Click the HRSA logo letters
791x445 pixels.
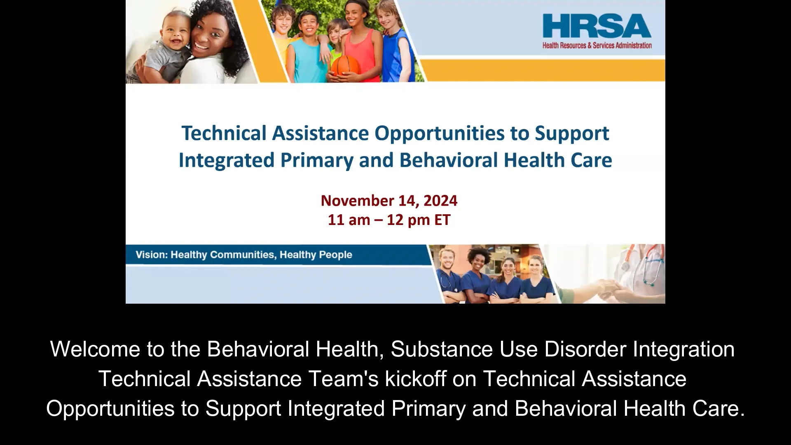pyautogui.click(x=597, y=26)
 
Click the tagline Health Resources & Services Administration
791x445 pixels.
pyautogui.click(x=597, y=46)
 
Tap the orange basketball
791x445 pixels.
pyautogui.click(x=346, y=66)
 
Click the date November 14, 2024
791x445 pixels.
pyautogui.click(x=389, y=201)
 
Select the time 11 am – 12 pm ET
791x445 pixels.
pyautogui.click(x=389, y=220)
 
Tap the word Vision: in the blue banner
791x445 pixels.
pyautogui.click(x=151, y=255)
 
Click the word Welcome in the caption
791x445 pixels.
pyautogui.click(x=95, y=349)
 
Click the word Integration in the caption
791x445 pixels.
pyautogui.click(x=683, y=349)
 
